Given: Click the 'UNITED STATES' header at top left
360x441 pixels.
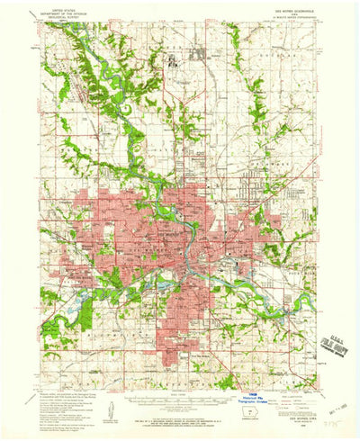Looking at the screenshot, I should point(65,6).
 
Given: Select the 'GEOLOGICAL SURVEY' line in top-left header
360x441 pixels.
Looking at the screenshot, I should point(65,15).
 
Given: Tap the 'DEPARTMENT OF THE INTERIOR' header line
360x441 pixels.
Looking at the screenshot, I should point(65,11).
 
